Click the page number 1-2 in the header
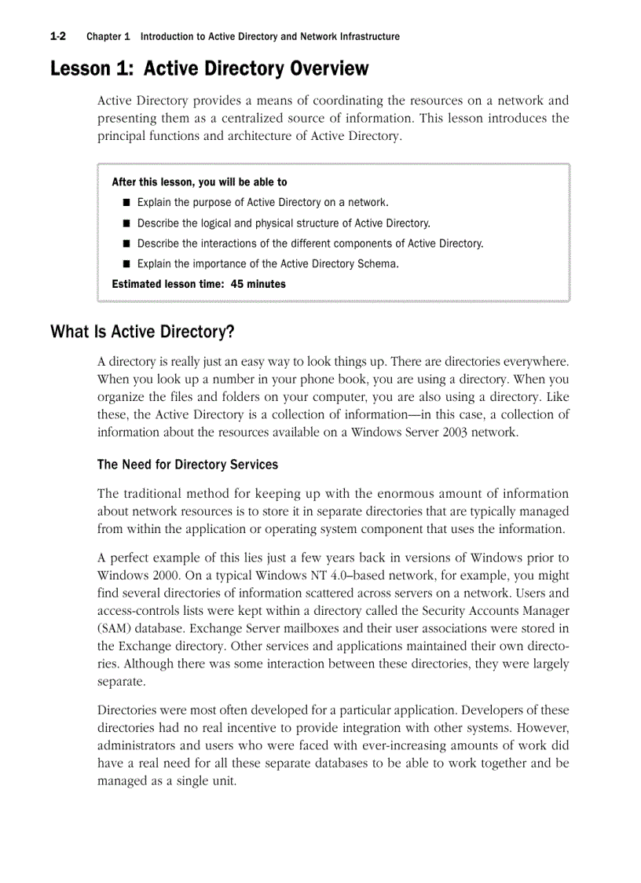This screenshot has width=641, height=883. (57, 36)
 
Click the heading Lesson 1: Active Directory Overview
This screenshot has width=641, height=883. (209, 69)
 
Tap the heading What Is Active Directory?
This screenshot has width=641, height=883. (142, 332)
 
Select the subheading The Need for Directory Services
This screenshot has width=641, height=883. (187, 465)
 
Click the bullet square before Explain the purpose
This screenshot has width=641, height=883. (126, 203)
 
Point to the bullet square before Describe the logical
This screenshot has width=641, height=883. (126, 223)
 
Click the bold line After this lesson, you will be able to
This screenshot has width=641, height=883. (200, 182)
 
